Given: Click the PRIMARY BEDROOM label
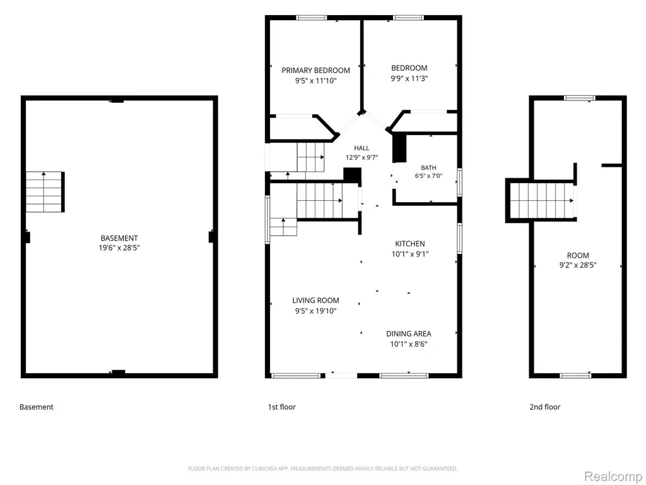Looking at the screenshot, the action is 315,71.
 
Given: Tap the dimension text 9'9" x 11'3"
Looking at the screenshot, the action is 409,78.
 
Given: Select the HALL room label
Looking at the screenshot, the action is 361,148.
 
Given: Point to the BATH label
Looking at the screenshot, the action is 428,168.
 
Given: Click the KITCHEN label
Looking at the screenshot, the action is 410,244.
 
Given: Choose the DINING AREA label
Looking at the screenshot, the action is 409,333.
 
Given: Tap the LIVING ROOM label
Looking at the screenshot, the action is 316,301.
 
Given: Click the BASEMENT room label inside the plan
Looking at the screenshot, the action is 119,238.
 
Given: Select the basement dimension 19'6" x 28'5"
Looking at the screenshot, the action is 119,248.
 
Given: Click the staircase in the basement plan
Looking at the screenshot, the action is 45,192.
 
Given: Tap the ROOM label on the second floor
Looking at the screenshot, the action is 578,255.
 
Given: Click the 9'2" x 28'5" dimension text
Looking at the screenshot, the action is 578,265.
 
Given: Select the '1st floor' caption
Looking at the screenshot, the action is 282,407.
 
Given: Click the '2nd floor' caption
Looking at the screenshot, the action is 544,407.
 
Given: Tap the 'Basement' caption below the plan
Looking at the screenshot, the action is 36,407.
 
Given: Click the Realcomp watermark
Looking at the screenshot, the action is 612,476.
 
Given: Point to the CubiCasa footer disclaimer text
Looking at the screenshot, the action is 322,469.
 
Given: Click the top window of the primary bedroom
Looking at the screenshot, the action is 312,18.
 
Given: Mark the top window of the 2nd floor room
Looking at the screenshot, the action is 580,98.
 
